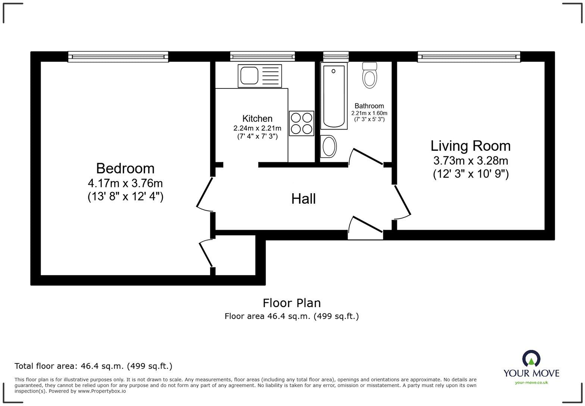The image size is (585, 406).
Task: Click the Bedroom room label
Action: click(125, 168)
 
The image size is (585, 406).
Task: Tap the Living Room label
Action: click(470, 146)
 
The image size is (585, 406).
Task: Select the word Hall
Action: click(303, 199)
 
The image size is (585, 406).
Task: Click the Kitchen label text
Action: click(257, 119)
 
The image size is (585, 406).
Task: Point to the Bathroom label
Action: click(369, 106)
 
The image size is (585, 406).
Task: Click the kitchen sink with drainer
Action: click(260, 76)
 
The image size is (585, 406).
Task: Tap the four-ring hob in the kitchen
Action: click(301, 124)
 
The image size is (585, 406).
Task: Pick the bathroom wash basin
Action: click(329, 146)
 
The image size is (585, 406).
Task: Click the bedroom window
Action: click(118, 57)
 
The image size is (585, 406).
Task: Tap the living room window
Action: click(469, 57)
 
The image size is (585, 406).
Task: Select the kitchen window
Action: click(262, 57)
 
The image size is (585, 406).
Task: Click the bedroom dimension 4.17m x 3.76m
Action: click(125, 184)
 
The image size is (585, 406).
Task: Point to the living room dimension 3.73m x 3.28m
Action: click(470, 161)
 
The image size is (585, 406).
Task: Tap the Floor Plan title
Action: click(292, 303)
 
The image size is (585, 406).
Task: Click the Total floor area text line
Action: click(93, 366)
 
